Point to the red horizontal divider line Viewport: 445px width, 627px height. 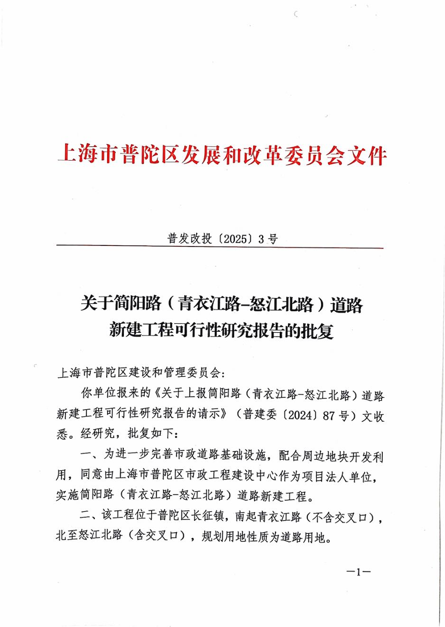(x=220, y=248)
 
